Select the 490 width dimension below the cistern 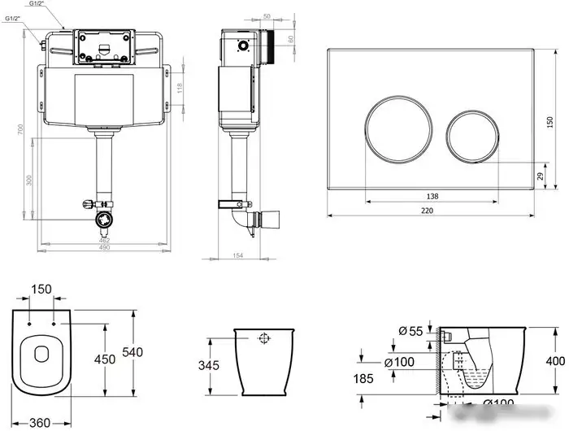click(104, 247)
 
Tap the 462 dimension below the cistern click(104, 240)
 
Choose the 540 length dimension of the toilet click(132, 352)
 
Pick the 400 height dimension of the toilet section click(554, 359)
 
